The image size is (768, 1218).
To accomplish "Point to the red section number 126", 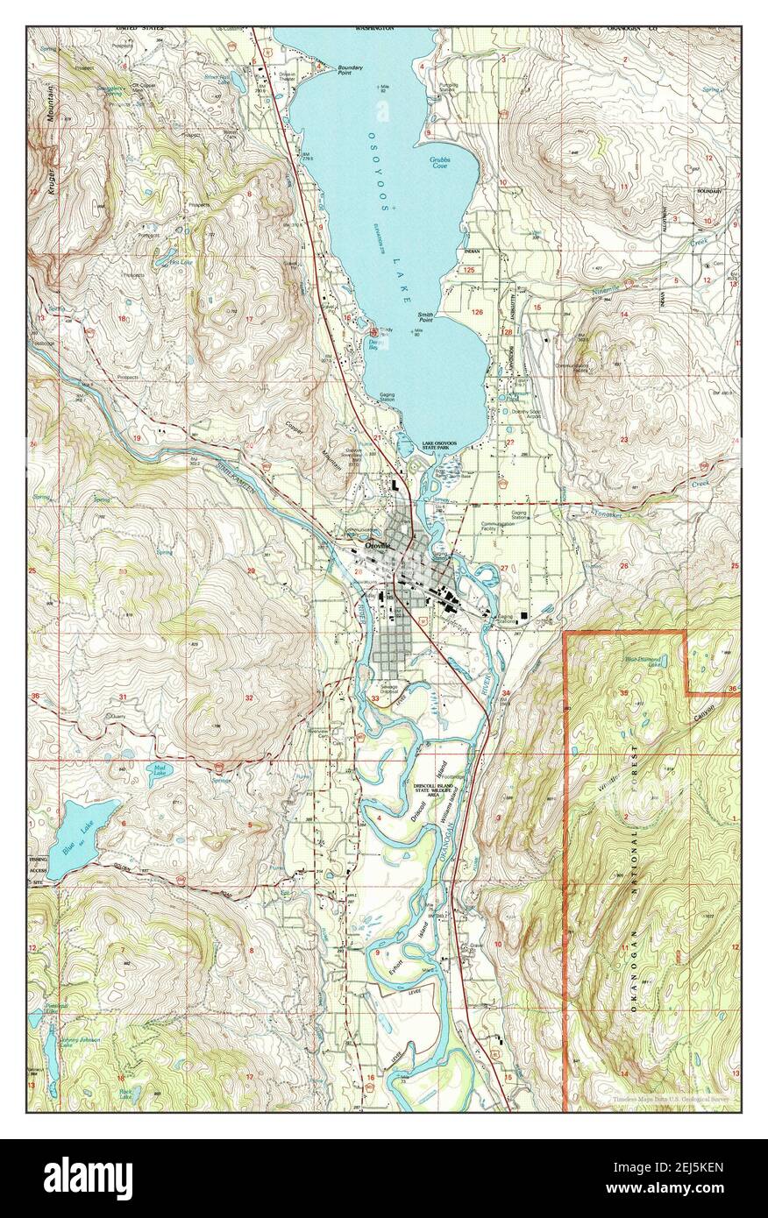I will point(477,312).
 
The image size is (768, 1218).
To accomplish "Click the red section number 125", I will point(469,271).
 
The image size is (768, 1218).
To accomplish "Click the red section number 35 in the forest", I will point(623,692).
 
